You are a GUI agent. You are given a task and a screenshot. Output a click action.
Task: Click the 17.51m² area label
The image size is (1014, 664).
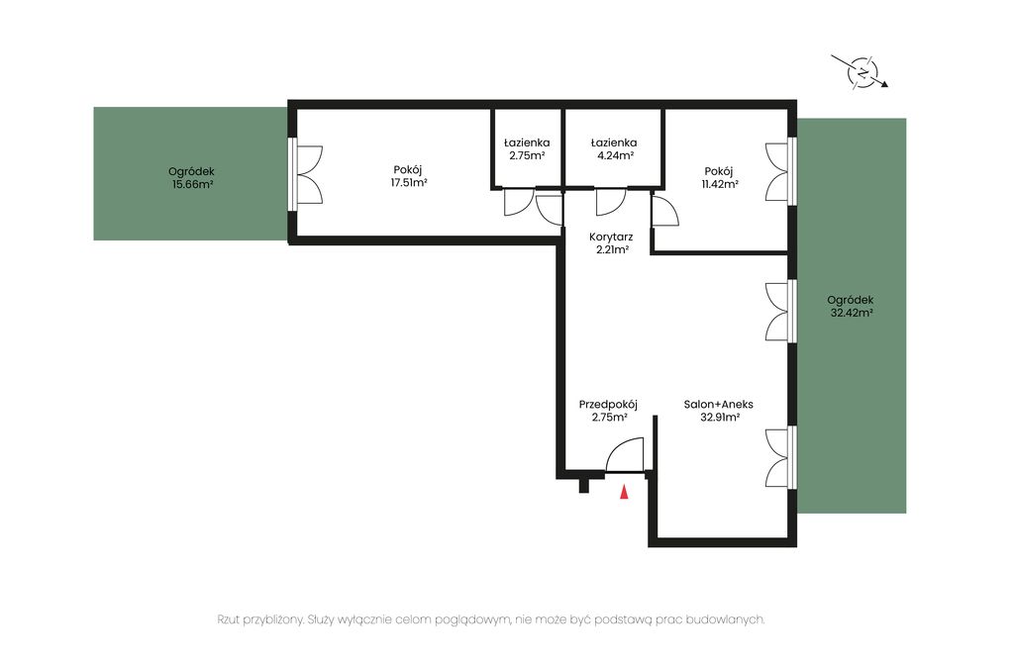pos(408,183)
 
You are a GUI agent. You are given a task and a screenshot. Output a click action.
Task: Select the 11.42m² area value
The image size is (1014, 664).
pos(720,184)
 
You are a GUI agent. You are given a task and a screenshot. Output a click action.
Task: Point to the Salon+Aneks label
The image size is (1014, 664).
pos(719,405)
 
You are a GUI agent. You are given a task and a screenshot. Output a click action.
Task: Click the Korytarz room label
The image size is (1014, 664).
pos(611,237)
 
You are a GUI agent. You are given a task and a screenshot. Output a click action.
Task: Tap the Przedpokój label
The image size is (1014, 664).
pos(608,405)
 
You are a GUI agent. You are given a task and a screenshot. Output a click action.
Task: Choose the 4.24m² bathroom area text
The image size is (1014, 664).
pos(614,155)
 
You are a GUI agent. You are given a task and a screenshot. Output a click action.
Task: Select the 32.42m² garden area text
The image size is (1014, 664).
pos(852,313)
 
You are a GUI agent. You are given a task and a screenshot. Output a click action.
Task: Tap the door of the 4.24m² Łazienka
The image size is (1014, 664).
pos(610,202)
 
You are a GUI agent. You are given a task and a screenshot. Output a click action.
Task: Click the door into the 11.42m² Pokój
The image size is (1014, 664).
pos(665,210)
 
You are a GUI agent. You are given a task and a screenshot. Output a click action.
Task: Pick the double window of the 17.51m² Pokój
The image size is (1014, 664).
pos(307,174)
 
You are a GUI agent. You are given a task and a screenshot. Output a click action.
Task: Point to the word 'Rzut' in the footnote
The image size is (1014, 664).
pos(229,619)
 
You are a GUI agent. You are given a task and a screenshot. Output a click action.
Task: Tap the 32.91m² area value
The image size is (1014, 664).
pos(720,418)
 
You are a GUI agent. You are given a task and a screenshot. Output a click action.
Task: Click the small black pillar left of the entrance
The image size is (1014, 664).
pos(584,486)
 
